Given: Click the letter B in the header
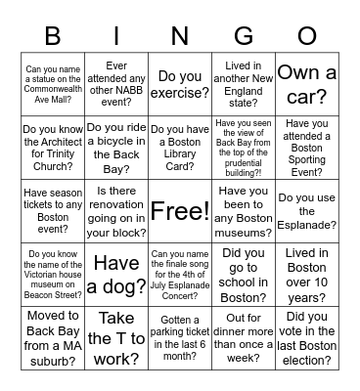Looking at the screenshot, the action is click(x=53, y=36).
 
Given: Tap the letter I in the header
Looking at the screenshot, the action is click(x=116, y=36).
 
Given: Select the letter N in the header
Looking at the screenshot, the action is click(x=179, y=36).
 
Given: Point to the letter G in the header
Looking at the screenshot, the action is click(x=243, y=36).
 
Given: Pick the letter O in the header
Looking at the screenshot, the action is click(x=306, y=36).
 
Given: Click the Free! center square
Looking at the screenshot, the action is click(x=179, y=210).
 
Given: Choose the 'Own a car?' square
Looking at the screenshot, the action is click(x=306, y=85).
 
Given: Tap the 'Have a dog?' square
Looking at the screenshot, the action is click(x=116, y=273).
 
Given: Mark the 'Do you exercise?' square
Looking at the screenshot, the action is click(x=179, y=85).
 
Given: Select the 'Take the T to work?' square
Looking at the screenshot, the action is click(x=116, y=336).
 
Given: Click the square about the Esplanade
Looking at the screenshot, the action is click(x=306, y=210).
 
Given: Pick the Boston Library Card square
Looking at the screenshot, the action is click(x=179, y=148).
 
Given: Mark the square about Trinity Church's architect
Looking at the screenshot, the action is click(x=53, y=148).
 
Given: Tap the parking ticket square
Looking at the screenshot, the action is click(x=179, y=336).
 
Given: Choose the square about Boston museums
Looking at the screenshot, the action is click(x=243, y=210).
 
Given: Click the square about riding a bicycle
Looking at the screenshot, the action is click(x=116, y=148).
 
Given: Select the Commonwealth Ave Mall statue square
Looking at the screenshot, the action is click(x=53, y=85).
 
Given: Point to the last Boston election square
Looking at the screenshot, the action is click(x=306, y=336).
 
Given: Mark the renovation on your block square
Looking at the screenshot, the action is click(x=116, y=210).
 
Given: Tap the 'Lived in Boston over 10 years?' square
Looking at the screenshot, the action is click(x=306, y=273).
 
